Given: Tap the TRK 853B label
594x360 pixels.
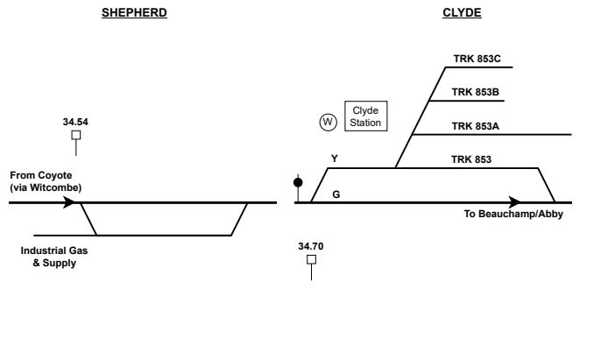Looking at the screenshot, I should [476, 92].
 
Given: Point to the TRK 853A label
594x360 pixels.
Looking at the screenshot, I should [476, 126].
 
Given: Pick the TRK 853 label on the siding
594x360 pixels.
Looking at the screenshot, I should [472, 159].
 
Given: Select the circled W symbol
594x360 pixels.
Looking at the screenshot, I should [328, 123].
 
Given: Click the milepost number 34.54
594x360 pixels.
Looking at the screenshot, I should [75, 122].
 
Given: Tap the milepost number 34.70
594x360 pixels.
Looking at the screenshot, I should [311, 247].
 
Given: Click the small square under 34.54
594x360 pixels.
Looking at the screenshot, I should [76, 135].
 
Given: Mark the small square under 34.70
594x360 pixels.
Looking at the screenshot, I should [311, 259].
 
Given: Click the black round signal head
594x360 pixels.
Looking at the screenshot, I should [298, 183].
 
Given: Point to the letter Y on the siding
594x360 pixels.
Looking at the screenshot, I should [334, 159].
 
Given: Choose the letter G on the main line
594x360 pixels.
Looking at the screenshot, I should [335, 194].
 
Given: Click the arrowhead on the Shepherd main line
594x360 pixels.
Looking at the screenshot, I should [69, 203].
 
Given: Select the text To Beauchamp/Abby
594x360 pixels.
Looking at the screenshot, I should [513, 215].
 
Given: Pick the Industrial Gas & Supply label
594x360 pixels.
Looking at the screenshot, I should [54, 256].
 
